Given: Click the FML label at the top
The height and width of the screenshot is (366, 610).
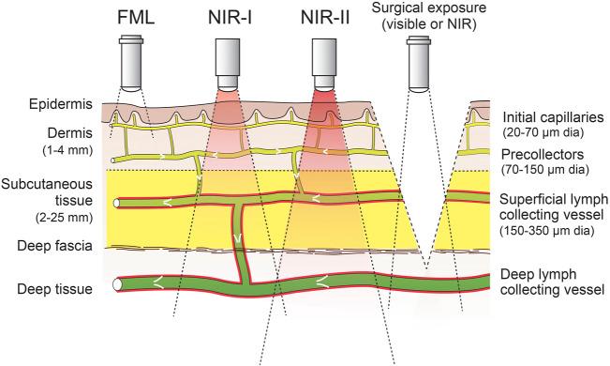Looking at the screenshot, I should pos(137,18).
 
